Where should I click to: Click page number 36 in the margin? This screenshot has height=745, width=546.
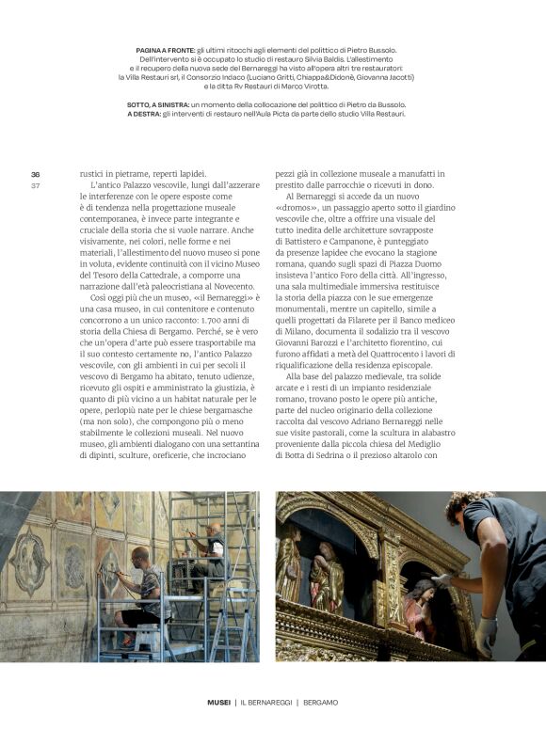(35, 175)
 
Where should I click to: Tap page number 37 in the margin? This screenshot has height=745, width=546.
(35, 184)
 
